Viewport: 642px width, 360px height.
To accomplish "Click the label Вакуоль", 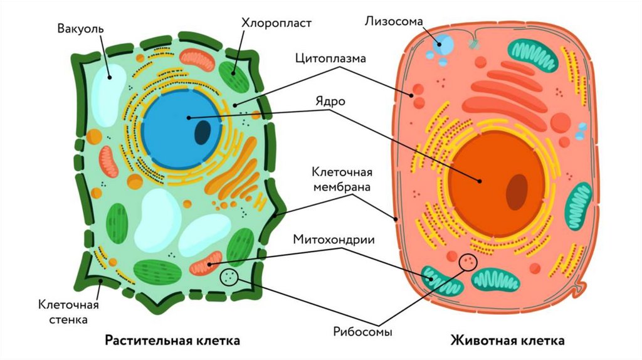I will click(81, 29).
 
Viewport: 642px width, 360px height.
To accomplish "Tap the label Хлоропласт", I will click(276, 23).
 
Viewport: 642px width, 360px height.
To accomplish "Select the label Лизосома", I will click(393, 21).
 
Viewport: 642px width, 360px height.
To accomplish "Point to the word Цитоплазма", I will click(330, 58).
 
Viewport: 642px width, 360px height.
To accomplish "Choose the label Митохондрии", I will click(334, 240).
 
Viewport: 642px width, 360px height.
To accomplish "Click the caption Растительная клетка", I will click(172, 341).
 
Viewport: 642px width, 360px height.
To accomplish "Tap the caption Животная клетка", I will click(507, 341).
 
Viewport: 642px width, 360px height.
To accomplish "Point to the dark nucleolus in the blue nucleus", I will click(203, 132).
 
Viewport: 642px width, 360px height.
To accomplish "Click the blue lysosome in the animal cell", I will click(445, 44).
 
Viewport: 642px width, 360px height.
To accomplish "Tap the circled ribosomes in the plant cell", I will click(229, 277).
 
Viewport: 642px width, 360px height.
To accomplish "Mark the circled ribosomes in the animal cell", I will click(468, 262).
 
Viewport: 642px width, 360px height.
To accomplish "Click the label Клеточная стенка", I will click(69, 312).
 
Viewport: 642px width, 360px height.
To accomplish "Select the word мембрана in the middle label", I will click(343, 186).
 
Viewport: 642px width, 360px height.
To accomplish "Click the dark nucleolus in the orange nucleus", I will click(517, 191).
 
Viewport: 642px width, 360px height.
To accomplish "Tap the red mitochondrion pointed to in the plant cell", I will click(206, 264).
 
